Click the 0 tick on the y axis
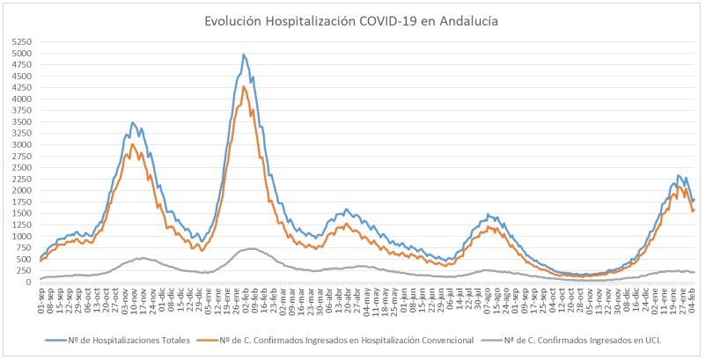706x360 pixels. pyautogui.click(x=29, y=282)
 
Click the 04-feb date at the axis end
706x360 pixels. pyautogui.click(x=694, y=301)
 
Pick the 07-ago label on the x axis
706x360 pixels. pyautogui.click(x=484, y=301)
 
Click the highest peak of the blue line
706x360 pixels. pyautogui.click(x=243, y=55)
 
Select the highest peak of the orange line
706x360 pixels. pyautogui.click(x=244, y=86)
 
